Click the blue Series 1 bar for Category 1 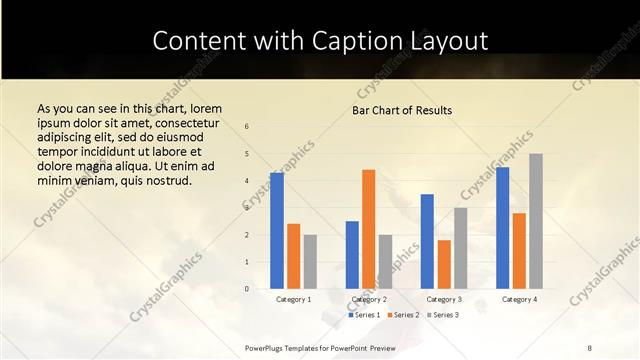(x=277, y=231)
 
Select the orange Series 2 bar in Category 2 (x=368, y=229)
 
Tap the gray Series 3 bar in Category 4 (x=536, y=221)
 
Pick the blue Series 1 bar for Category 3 (x=427, y=241)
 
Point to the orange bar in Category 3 (x=444, y=264)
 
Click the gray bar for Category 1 (x=310, y=261)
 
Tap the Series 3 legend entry (x=443, y=315)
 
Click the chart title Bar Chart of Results (x=402, y=110)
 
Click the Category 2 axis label (x=369, y=299)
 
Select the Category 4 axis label (x=519, y=299)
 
